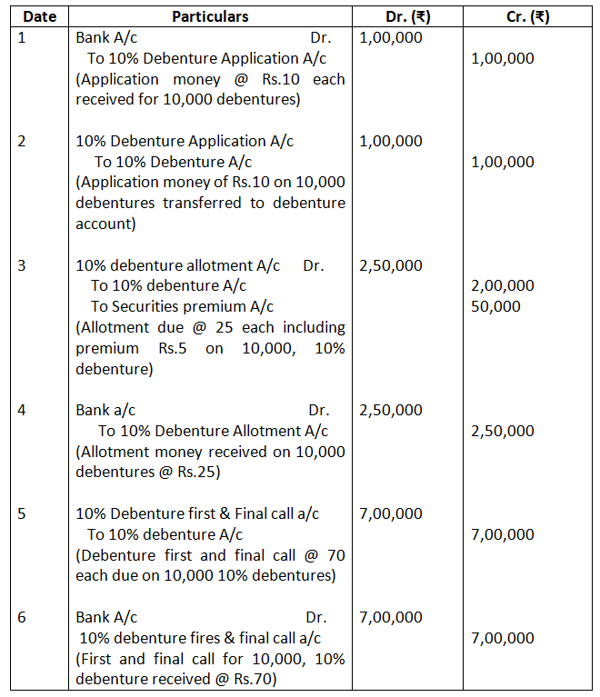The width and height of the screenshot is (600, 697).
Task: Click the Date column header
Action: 40,16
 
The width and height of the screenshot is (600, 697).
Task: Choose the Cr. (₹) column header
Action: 527,16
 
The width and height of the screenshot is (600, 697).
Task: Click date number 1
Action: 23,38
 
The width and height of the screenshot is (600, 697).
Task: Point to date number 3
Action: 23,265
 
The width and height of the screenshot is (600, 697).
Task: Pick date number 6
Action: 23,617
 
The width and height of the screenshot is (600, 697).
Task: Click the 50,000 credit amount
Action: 496,306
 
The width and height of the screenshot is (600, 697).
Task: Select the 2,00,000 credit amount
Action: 503,285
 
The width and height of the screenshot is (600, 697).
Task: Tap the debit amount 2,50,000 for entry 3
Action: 391,265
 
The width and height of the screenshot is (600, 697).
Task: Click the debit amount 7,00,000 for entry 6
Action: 391,617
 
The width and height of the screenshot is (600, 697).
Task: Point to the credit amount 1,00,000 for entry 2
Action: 503,162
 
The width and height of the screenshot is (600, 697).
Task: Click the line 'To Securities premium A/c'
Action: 182,306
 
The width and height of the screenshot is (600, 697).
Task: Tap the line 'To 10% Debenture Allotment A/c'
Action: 214,431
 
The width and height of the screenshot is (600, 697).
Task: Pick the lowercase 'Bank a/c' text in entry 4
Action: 105,410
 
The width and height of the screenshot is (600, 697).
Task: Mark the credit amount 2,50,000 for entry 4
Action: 503,431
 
